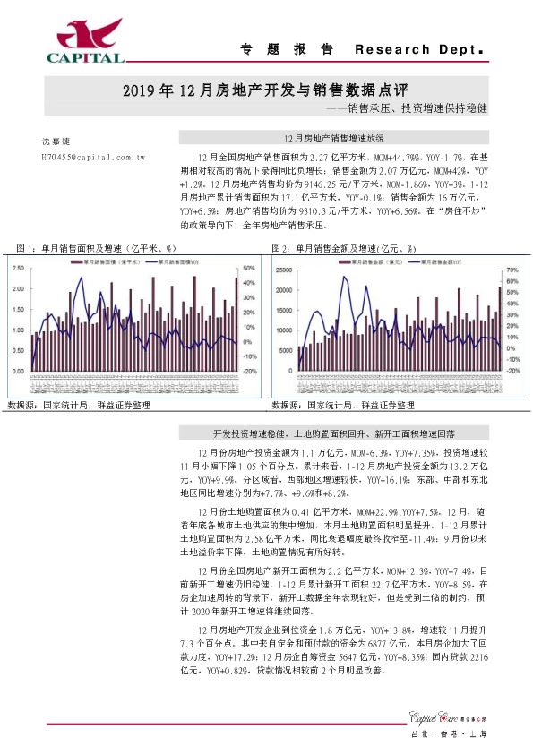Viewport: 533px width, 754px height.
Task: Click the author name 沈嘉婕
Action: click(x=56, y=141)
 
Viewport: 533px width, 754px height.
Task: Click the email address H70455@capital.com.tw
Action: click(x=93, y=156)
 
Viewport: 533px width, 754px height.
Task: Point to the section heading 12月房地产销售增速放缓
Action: click(x=332, y=140)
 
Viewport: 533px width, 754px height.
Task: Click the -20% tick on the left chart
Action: click(x=250, y=371)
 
